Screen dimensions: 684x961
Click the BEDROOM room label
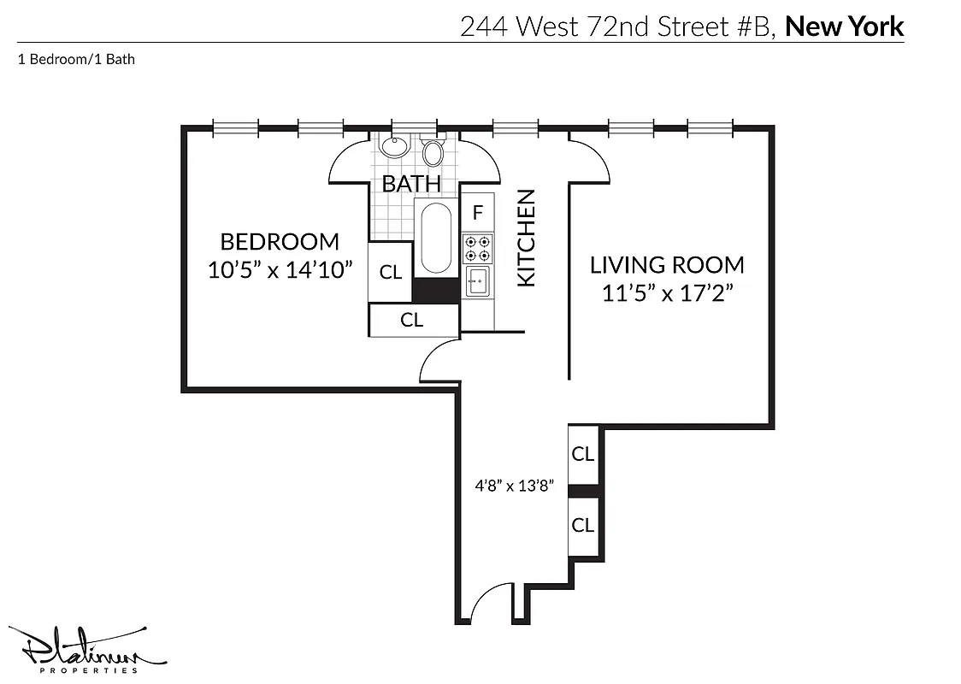pyautogui.click(x=280, y=241)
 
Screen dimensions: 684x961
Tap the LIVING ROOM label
pyautogui.click(x=667, y=264)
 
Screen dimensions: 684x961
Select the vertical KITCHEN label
pyautogui.click(x=526, y=238)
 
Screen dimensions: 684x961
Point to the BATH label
pyautogui.click(x=411, y=183)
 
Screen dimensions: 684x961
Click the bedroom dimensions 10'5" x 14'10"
pyautogui.click(x=280, y=270)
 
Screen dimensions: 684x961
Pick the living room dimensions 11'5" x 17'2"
pyautogui.click(x=667, y=293)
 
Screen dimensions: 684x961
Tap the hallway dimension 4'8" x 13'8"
pyautogui.click(x=516, y=486)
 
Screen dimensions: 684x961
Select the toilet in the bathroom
pyautogui.click(x=433, y=153)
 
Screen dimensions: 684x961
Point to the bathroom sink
pyautogui.click(x=394, y=146)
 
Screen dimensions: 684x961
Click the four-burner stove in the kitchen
pyautogui.click(x=477, y=248)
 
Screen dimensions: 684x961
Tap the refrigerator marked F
pyautogui.click(x=478, y=212)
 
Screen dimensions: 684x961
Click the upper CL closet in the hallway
pyautogui.click(x=583, y=454)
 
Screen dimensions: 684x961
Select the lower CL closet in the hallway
pyautogui.click(x=583, y=524)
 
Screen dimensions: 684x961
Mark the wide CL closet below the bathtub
pyautogui.click(x=412, y=320)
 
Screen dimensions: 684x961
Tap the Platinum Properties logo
pyautogui.click(x=85, y=652)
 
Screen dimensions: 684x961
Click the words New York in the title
pyautogui.click(x=844, y=27)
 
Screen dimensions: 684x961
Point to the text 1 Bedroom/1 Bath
pyautogui.click(x=76, y=60)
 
